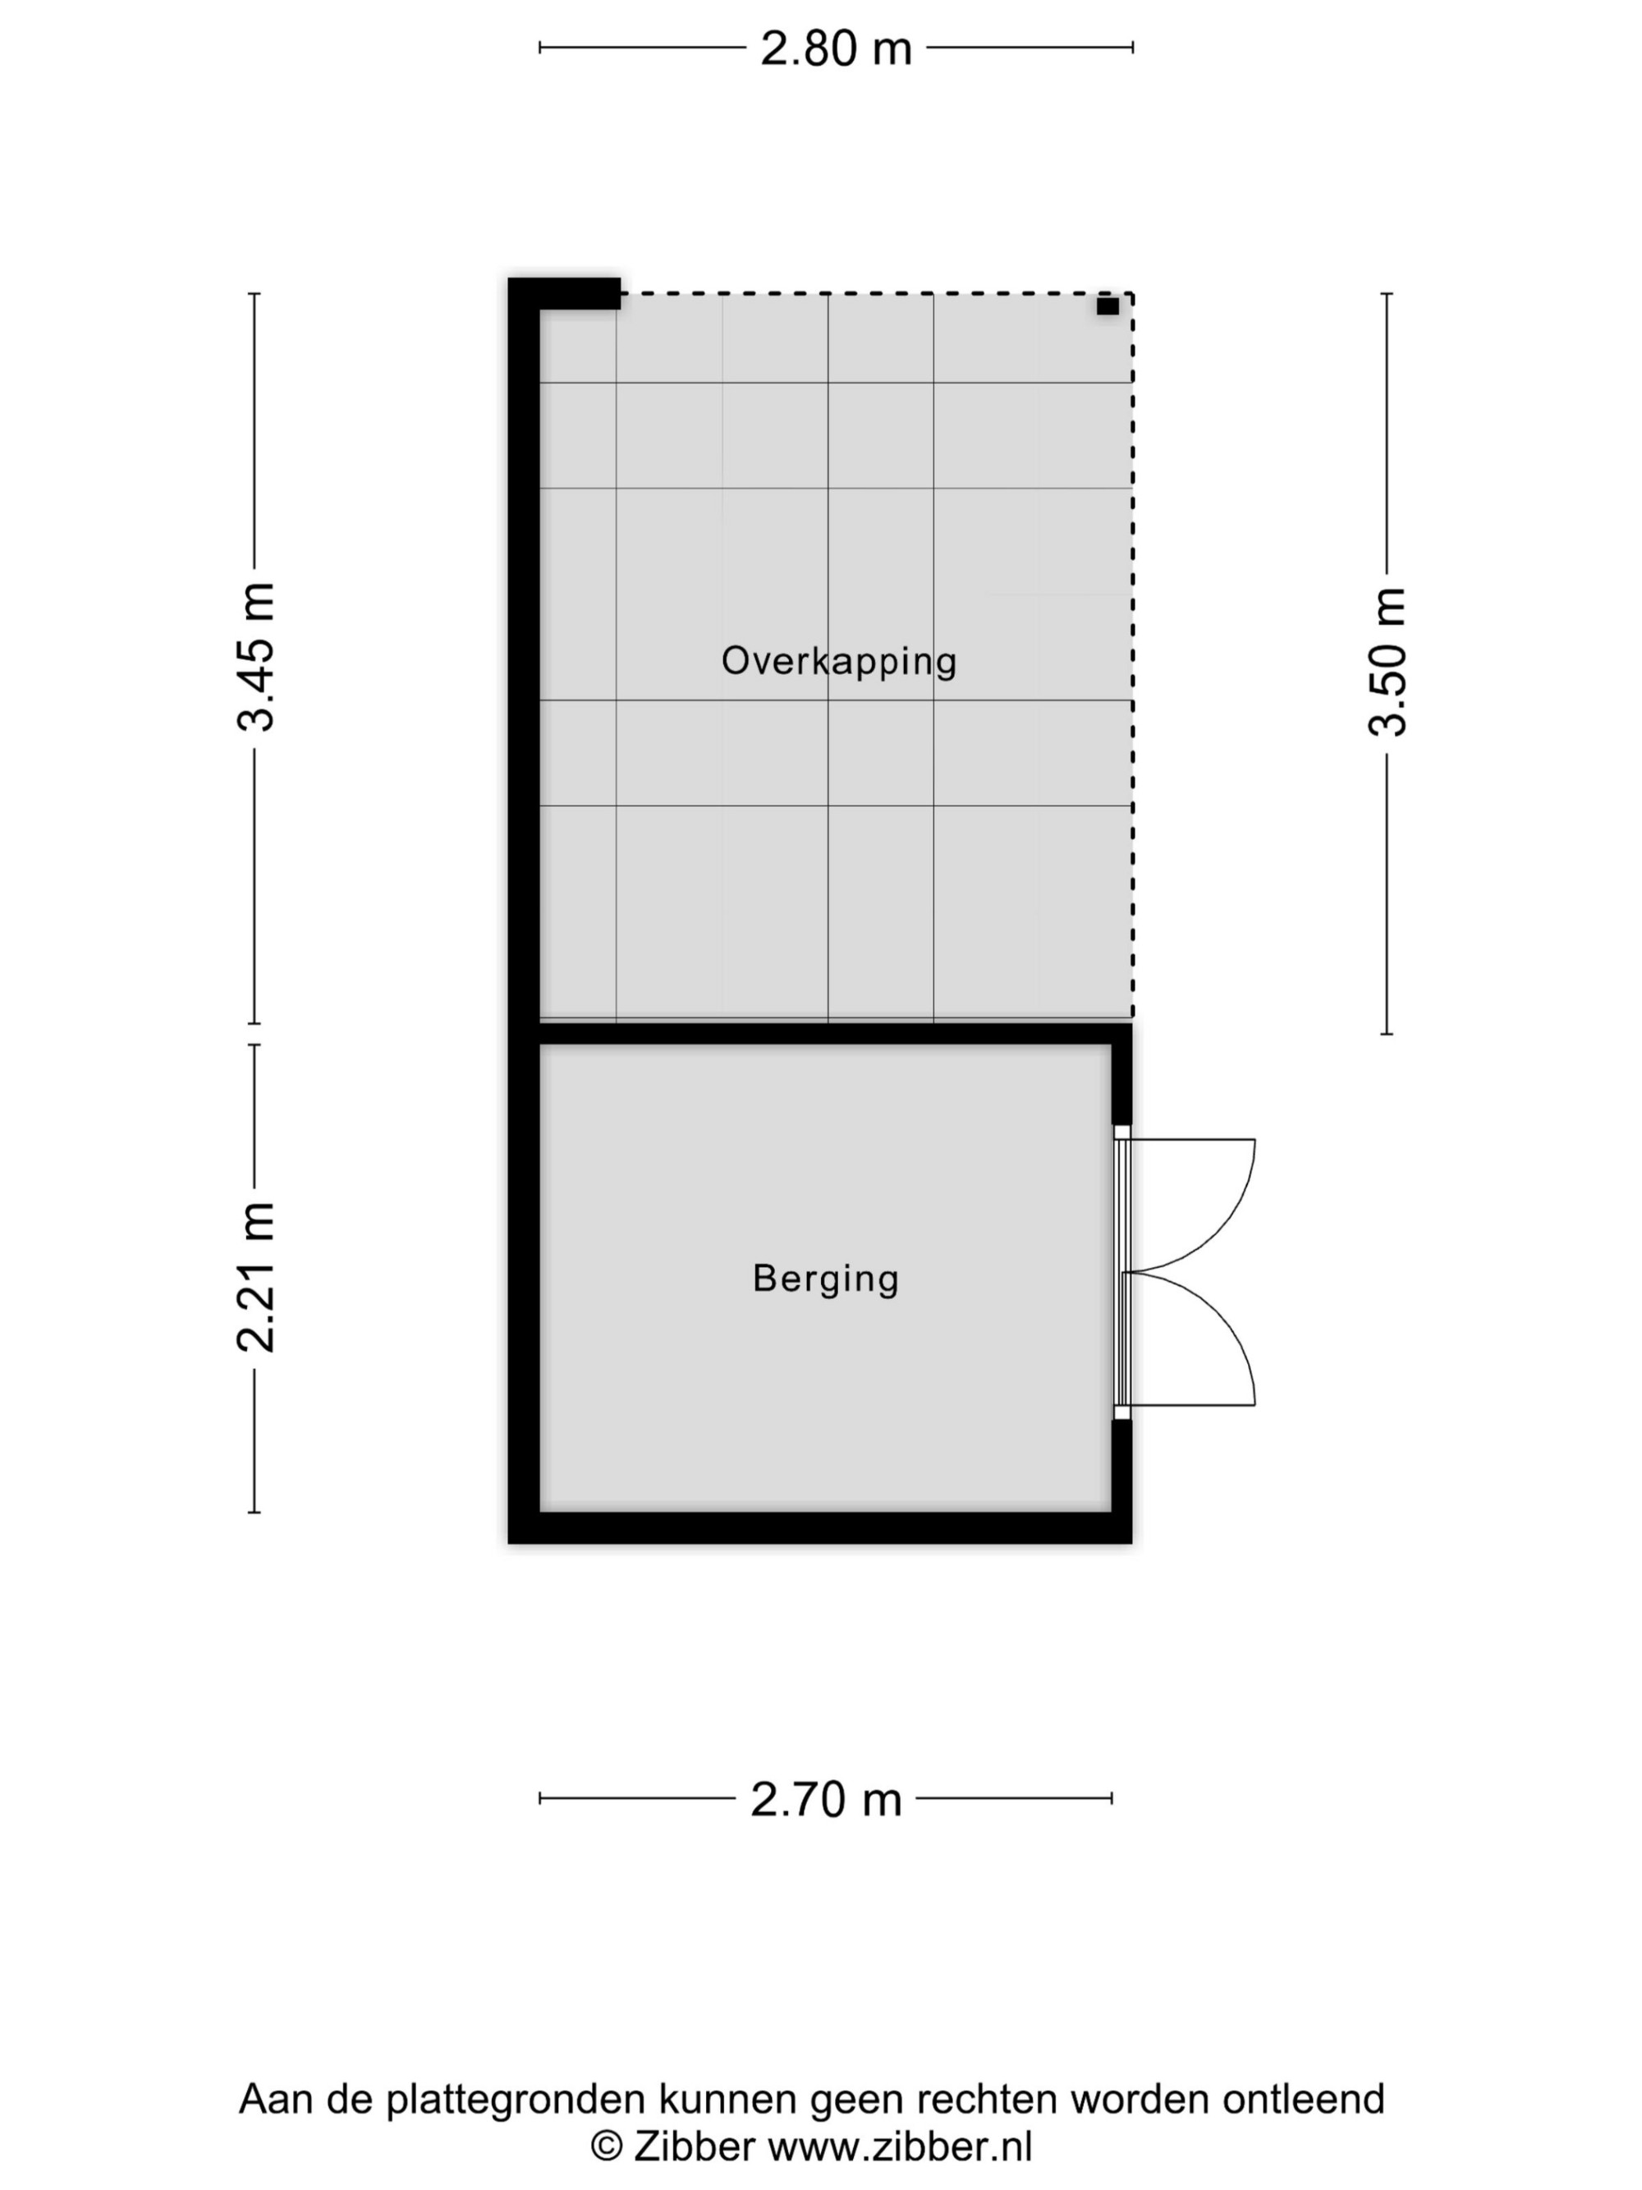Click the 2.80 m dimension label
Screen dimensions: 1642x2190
click(835, 48)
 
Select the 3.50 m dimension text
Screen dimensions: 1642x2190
click(1387, 661)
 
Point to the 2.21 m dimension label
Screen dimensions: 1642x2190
click(255, 1277)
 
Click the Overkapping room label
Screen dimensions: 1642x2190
click(839, 661)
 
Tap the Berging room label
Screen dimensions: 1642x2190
click(825, 1279)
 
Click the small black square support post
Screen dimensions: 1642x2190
click(1108, 306)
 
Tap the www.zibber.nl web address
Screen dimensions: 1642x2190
click(900, 2146)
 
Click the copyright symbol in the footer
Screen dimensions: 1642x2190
click(607, 2147)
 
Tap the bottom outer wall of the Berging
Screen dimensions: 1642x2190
click(819, 1527)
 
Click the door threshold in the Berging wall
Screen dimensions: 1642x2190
click(1122, 1272)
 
